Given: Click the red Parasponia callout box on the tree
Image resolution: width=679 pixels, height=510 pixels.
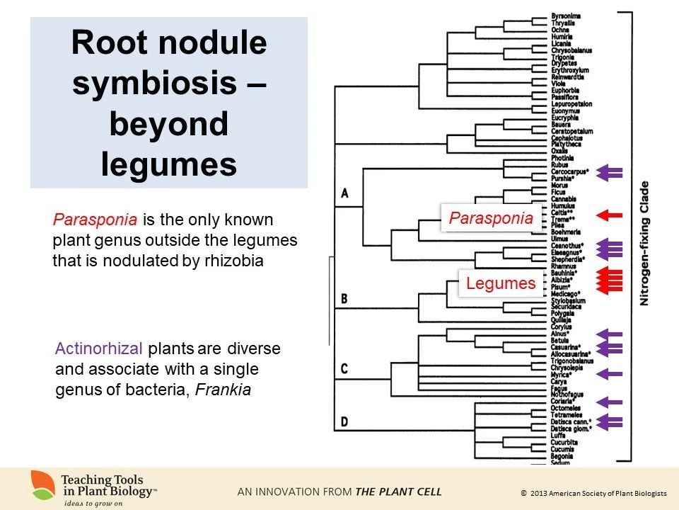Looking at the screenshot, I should point(491,218).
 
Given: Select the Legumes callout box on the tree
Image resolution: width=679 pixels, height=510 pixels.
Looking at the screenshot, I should point(500,284).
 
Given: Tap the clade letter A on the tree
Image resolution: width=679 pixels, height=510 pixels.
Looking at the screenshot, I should point(344,193).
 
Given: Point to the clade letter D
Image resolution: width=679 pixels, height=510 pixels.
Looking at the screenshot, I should point(344,422).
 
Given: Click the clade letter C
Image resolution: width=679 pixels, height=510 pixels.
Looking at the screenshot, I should point(344,368).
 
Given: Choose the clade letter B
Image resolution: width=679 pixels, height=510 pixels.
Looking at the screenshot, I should point(344,299).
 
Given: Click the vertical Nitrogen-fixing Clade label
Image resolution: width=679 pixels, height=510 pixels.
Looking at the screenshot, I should point(644,244).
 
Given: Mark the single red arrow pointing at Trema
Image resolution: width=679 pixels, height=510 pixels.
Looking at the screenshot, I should point(609,214).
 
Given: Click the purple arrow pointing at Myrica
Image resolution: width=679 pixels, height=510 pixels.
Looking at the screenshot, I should point(609,373).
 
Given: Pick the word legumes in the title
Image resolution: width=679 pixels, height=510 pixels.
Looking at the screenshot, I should point(168,164).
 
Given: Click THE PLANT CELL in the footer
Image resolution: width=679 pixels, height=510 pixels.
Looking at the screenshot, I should point(398,492).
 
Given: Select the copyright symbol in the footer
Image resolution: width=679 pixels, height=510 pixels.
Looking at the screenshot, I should point(523,493).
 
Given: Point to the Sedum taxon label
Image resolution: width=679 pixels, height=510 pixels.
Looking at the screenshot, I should point(560,463).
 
